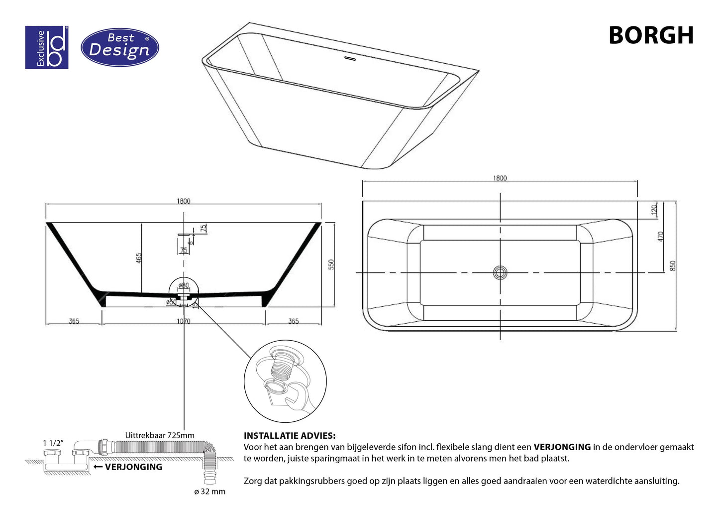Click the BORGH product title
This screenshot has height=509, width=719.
(x=650, y=35)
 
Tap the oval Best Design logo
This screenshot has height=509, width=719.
(x=119, y=47)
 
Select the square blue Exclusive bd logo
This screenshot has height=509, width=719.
(x=47, y=47)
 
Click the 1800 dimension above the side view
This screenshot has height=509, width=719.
(x=183, y=201)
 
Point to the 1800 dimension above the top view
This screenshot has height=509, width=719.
(x=500, y=178)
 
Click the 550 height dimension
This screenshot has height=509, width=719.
(x=331, y=264)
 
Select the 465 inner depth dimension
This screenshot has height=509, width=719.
(x=139, y=257)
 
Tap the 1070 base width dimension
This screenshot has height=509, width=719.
(x=183, y=321)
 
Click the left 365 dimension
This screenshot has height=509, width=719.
(x=74, y=321)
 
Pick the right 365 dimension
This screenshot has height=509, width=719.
(x=294, y=321)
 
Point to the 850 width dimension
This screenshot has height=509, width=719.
(x=673, y=266)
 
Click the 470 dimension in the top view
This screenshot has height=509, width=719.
(x=661, y=236)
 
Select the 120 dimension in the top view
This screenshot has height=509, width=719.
(x=654, y=209)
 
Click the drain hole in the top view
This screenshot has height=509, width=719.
(x=500, y=272)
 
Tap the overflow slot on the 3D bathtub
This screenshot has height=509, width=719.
(x=350, y=58)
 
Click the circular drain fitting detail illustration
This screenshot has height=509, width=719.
(x=285, y=382)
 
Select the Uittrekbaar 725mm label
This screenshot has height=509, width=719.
(x=160, y=435)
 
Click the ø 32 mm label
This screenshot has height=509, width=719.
(x=209, y=492)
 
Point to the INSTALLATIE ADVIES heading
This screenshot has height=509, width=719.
(x=289, y=436)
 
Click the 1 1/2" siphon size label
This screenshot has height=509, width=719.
(x=53, y=443)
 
